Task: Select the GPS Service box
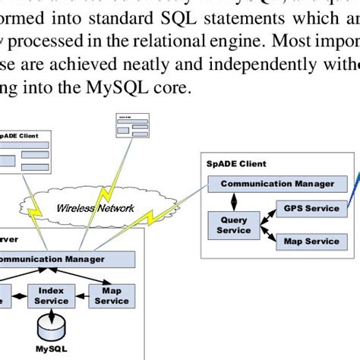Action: click(x=311, y=208)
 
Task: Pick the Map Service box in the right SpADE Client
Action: click(x=311, y=242)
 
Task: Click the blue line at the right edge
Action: click(x=354, y=186)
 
